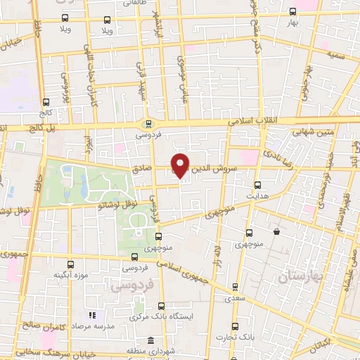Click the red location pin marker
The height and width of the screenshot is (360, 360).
[x=181, y=165]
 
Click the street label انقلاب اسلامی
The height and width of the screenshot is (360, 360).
[x=252, y=121]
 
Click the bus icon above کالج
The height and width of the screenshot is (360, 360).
[x=46, y=101]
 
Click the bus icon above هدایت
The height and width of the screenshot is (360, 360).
[x=257, y=185]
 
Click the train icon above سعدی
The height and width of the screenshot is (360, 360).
[x=235, y=286]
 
